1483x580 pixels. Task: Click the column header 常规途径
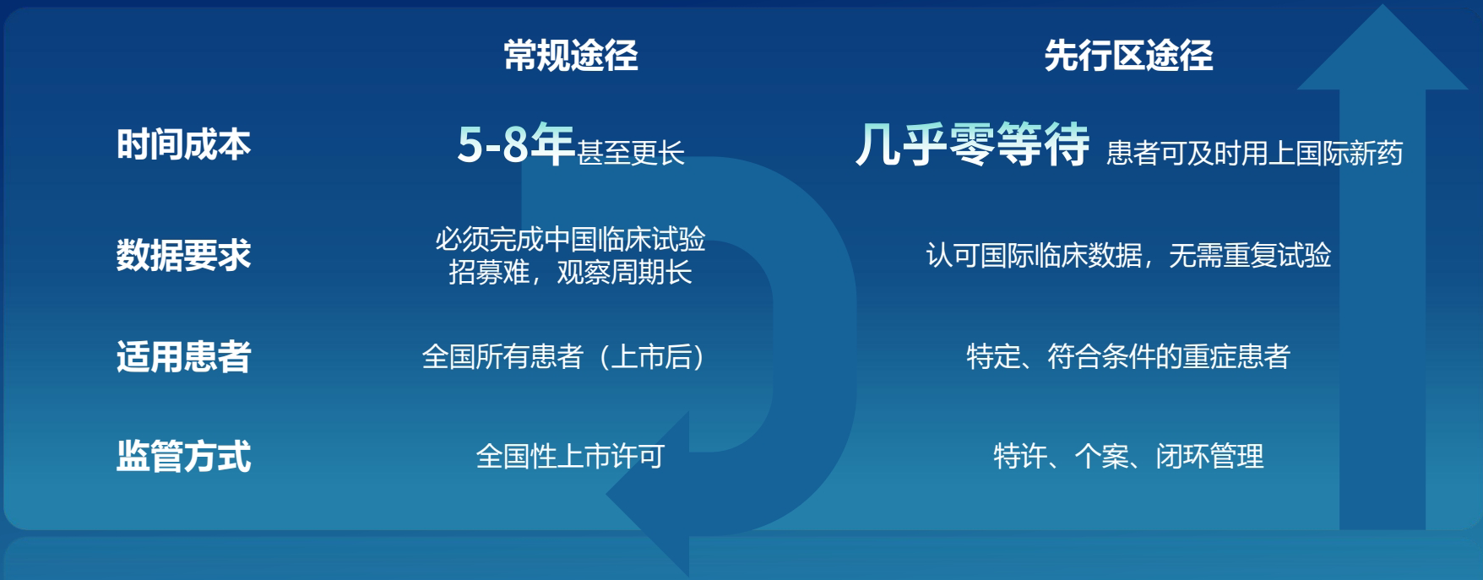[571, 56]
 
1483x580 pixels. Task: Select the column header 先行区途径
[1128, 56]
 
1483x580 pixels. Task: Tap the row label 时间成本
[183, 144]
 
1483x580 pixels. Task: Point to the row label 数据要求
[183, 254]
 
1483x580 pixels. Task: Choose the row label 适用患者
[183, 356]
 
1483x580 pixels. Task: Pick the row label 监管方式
[183, 456]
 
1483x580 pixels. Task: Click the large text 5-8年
[516, 144]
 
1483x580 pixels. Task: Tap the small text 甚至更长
[631, 153]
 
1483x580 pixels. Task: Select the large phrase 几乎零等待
[973, 144]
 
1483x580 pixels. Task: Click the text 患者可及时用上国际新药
[1255, 153]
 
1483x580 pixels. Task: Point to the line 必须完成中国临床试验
[570, 239]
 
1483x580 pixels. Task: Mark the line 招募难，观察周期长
[570, 272]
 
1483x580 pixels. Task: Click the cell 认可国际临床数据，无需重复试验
[1128, 255]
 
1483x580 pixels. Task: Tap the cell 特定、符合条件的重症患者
[1128, 356]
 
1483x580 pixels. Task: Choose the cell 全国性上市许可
[570, 457]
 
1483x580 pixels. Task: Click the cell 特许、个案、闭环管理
[1128, 457]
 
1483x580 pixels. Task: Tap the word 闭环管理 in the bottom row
[1209, 457]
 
